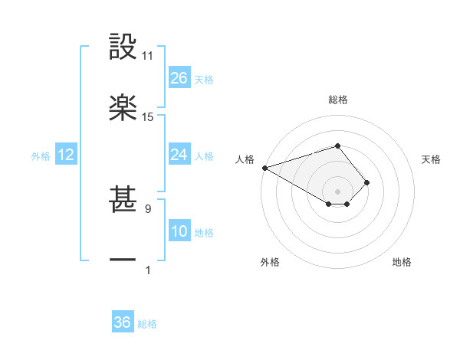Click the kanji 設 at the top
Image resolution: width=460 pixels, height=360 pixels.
[123, 47]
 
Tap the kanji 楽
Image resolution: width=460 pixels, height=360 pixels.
[123, 106]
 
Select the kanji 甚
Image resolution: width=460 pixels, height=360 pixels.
[123, 199]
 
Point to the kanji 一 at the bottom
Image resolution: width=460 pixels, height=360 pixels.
[123, 260]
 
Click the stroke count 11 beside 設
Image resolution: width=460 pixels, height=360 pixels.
[148, 56]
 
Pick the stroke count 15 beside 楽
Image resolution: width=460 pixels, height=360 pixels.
[148, 117]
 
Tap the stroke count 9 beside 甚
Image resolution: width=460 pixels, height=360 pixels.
[147, 208]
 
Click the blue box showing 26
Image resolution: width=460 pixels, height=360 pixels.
[179, 78]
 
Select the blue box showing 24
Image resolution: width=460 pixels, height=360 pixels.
[179, 155]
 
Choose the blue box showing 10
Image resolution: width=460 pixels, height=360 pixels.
[179, 231]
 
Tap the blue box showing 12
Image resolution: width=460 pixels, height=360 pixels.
[66, 155]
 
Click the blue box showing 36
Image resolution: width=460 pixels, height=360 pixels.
[123, 322]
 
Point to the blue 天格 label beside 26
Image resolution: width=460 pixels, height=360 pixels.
[204, 80]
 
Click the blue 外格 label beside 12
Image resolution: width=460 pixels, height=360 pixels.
[41, 156]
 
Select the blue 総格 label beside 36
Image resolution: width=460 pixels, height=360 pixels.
[147, 324]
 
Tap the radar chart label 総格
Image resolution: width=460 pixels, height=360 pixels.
[338, 100]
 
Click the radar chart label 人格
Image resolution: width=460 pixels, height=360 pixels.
[245, 159]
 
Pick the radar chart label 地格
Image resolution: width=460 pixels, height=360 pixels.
[402, 262]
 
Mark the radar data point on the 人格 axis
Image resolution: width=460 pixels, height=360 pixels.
[264, 168]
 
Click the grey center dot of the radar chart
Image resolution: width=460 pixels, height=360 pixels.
[338, 191]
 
